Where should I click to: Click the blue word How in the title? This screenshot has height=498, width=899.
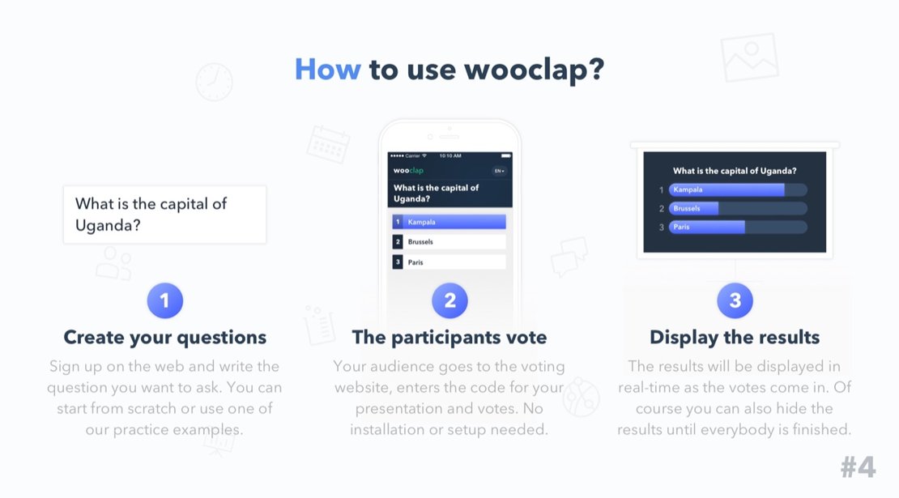(327, 70)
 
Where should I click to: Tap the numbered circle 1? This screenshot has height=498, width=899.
(165, 300)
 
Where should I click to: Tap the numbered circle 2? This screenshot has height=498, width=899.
(450, 300)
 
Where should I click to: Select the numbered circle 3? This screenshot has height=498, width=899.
(735, 300)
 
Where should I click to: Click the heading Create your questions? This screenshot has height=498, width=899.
(165, 338)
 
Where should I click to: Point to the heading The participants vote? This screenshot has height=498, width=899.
(450, 338)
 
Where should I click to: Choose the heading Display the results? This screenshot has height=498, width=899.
(735, 338)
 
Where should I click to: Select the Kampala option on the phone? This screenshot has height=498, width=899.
(449, 222)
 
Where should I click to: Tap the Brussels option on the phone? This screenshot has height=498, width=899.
(449, 242)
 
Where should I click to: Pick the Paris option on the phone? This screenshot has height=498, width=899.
(449, 262)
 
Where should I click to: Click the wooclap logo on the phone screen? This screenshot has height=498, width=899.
(408, 170)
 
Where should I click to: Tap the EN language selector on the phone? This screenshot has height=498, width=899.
(500, 171)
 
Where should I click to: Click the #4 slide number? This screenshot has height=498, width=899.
(859, 467)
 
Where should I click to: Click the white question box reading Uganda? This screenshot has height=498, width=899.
(165, 215)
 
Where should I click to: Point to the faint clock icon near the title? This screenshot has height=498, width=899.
(215, 82)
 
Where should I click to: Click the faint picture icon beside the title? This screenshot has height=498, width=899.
(749, 57)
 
